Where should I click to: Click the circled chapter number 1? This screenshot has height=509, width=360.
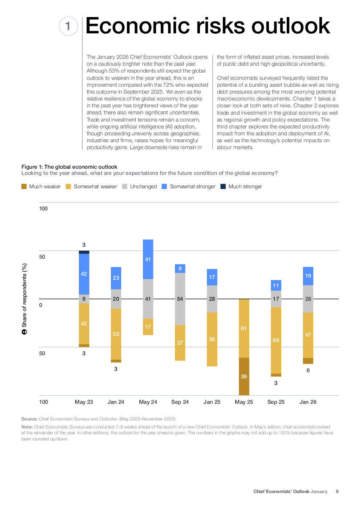pyautogui.click(x=68, y=26)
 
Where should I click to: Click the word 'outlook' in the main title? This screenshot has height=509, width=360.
pyautogui.click(x=290, y=26)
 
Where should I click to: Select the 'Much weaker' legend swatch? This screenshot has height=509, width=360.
pyautogui.click(x=24, y=186)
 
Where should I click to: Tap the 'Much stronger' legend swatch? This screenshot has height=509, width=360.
pyautogui.click(x=223, y=186)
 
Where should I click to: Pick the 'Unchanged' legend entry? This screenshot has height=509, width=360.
pyautogui.click(x=143, y=186)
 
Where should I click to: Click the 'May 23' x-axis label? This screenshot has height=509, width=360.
pyautogui.click(x=84, y=402)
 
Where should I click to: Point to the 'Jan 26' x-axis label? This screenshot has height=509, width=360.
pyautogui.click(x=308, y=402)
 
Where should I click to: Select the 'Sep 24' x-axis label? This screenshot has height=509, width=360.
pyautogui.click(x=180, y=402)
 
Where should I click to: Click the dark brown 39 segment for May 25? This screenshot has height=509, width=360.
pyautogui.click(x=244, y=377)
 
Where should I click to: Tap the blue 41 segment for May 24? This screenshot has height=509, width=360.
pyautogui.click(x=148, y=259)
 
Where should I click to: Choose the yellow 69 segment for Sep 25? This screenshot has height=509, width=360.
pyautogui.click(x=276, y=340)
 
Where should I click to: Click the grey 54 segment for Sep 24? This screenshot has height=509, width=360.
pyautogui.click(x=180, y=299)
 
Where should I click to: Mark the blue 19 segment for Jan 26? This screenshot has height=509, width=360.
pyautogui.click(x=308, y=276)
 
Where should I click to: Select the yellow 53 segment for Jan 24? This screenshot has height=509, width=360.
pyautogui.click(x=116, y=334)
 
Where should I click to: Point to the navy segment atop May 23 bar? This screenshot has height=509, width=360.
pyautogui.click(x=84, y=252)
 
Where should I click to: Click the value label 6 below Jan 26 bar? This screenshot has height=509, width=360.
pyautogui.click(x=308, y=370)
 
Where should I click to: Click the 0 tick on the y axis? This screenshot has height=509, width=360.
pyautogui.click(x=41, y=305)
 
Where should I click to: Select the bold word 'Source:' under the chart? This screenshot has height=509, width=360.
pyautogui.click(x=29, y=419)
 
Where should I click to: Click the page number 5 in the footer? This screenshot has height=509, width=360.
pyautogui.click(x=337, y=492)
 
